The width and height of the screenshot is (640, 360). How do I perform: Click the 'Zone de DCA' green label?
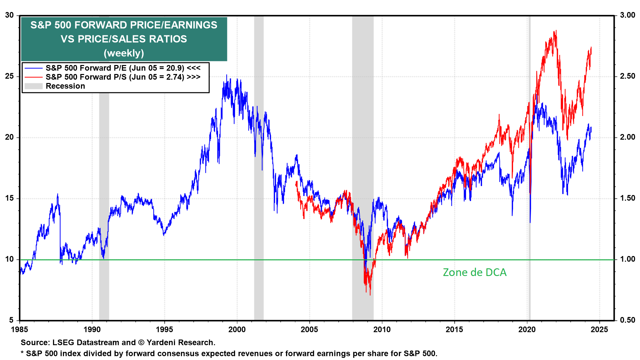point(474,272)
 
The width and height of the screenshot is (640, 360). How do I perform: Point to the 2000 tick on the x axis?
point(237,329)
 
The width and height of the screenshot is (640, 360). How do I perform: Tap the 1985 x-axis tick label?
point(20,329)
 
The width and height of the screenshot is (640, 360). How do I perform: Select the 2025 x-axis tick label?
point(599,329)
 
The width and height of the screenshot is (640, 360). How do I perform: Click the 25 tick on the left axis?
point(9,76)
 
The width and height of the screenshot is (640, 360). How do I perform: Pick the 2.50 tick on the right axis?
point(627,76)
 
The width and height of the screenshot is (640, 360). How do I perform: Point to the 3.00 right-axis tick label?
point(627,15)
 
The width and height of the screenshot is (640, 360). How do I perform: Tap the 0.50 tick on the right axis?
point(627,320)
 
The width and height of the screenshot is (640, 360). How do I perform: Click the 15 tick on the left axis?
point(9,198)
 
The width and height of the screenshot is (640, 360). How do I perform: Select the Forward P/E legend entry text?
point(123,68)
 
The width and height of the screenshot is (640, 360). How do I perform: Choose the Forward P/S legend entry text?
point(123,77)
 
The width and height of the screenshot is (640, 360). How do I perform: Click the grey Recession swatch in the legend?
point(33,86)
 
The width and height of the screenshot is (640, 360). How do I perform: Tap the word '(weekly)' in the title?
point(124,53)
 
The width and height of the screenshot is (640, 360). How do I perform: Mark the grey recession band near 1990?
point(104,167)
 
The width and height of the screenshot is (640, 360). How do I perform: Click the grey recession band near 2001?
point(259,167)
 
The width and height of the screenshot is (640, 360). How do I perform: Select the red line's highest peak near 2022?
point(556,31)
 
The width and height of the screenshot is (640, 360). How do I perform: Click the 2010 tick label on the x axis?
point(382,329)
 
